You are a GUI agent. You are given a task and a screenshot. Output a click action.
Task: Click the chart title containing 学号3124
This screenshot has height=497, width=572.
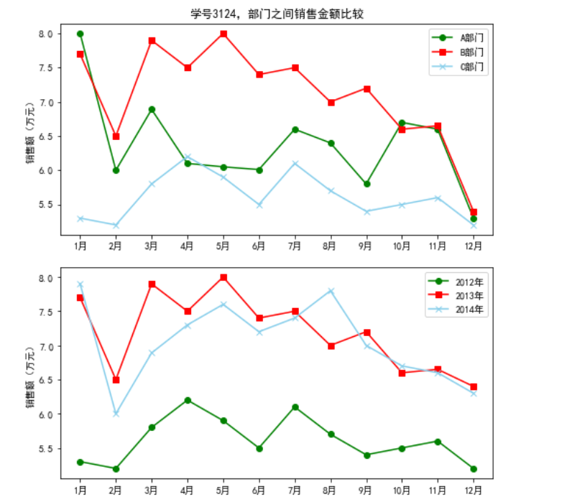click(x=282, y=14)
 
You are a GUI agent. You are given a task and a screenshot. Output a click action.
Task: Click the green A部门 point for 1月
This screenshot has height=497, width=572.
click(x=80, y=34)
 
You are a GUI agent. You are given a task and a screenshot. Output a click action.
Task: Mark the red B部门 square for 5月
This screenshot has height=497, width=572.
click(x=223, y=34)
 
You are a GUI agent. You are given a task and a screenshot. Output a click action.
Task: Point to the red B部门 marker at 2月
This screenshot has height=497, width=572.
click(x=116, y=136)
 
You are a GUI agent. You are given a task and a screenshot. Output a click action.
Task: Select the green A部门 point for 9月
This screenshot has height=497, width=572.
click(x=366, y=184)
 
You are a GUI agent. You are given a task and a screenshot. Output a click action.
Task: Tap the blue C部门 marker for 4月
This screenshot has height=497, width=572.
click(x=188, y=157)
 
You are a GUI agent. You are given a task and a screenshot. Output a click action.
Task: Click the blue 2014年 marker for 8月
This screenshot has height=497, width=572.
click(x=331, y=291)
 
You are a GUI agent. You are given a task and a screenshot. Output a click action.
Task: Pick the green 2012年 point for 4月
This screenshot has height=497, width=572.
click(x=188, y=400)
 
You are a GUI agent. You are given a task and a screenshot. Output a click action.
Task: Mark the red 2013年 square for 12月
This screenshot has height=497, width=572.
click(x=474, y=386)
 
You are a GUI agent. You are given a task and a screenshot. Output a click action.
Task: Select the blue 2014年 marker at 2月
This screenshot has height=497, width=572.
click(x=116, y=414)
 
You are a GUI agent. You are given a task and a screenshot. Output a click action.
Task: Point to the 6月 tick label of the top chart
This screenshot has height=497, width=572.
click(x=259, y=246)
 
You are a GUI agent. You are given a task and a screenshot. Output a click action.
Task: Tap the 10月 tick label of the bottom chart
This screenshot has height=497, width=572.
click(x=402, y=490)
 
